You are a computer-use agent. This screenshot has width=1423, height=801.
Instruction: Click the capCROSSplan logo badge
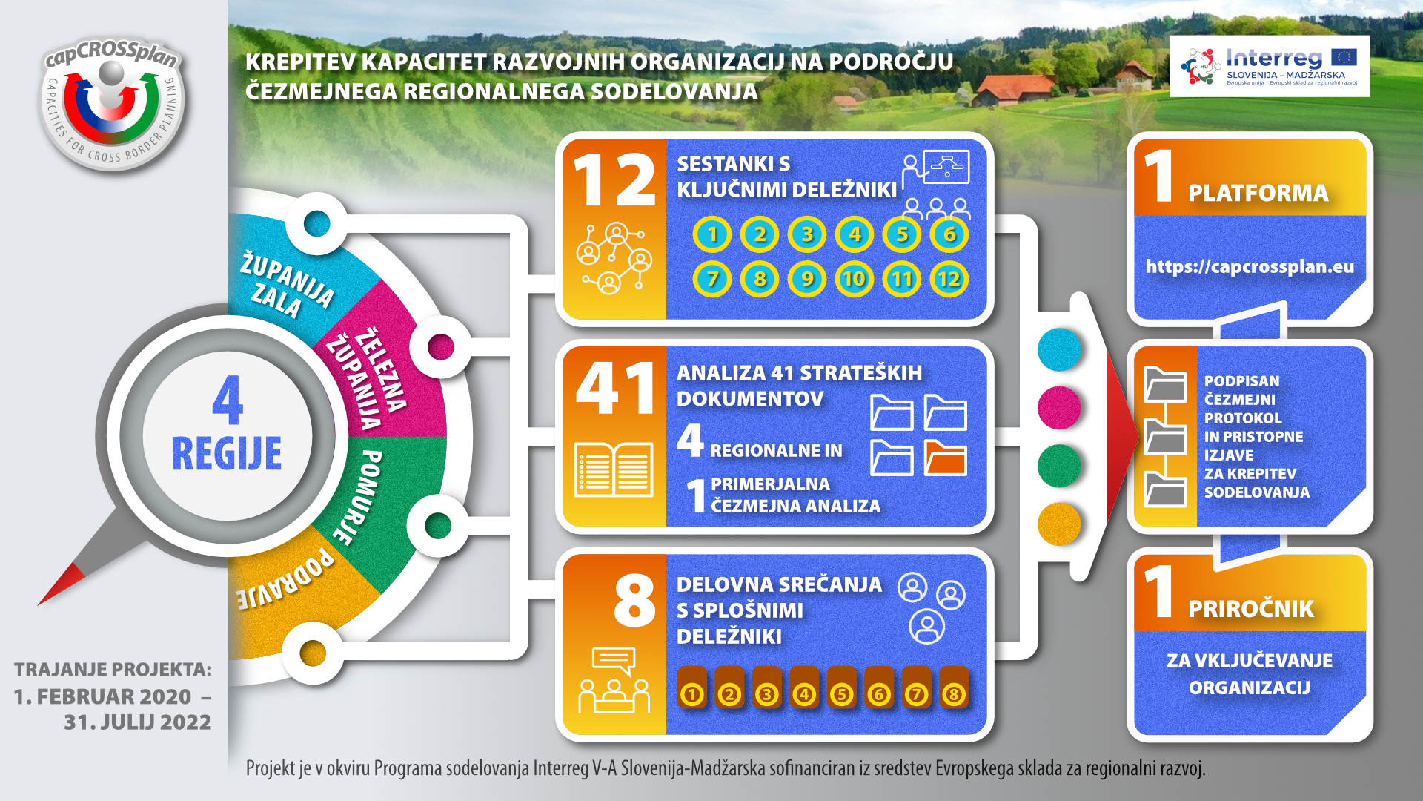(x=113, y=104)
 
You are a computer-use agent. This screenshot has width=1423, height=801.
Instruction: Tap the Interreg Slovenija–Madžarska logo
(x=1270, y=66)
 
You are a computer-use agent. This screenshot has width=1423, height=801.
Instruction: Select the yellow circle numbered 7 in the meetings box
(x=712, y=279)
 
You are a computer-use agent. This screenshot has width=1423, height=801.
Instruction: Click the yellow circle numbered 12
(x=949, y=279)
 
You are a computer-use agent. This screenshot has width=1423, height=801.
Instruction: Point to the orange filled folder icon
(x=946, y=458)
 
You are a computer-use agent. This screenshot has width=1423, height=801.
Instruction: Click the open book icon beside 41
(x=614, y=469)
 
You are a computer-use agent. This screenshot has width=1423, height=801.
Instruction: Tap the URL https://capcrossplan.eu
(x=1250, y=266)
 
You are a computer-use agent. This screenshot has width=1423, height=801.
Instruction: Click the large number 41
(x=616, y=388)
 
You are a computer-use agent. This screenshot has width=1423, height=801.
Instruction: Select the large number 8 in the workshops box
(x=634, y=599)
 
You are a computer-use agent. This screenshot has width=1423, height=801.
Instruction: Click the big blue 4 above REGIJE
(x=228, y=399)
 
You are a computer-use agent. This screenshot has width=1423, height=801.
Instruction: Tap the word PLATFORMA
(x=1258, y=193)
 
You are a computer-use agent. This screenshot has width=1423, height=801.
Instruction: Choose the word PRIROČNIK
(x=1251, y=609)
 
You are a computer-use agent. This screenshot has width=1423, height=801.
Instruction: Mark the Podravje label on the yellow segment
(x=285, y=579)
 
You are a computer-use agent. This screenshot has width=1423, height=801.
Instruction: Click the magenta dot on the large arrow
(x=1059, y=407)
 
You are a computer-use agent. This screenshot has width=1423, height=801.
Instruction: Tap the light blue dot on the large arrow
(x=1059, y=349)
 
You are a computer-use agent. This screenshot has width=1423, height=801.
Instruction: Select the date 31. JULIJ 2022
(x=138, y=722)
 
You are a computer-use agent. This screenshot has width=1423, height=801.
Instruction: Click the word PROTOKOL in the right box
(x=1243, y=418)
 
